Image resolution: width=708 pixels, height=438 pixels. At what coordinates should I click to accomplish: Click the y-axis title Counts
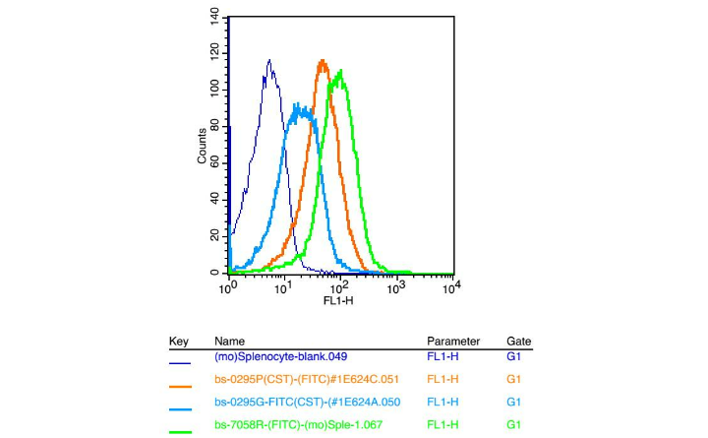pyautogui.click(x=203, y=145)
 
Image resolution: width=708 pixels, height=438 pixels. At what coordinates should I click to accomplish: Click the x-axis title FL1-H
pyautogui.click(x=339, y=300)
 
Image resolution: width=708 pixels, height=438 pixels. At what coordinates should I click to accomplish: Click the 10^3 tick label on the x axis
pyautogui.click(x=396, y=288)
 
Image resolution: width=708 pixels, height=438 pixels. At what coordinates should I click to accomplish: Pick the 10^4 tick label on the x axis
pyautogui.click(x=450, y=288)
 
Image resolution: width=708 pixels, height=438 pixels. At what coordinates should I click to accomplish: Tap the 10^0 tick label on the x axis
pyautogui.click(x=228, y=288)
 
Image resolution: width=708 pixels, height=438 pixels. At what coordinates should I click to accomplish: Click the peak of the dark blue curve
pyautogui.click(x=268, y=61)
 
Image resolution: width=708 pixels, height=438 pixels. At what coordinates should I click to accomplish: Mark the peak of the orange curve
pyautogui.click(x=323, y=61)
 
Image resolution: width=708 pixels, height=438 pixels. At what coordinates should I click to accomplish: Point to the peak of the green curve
pyautogui.click(x=340, y=71)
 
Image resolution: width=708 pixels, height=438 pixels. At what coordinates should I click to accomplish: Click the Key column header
pyautogui.click(x=178, y=342)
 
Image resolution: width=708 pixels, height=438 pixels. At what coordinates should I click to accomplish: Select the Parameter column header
pyautogui.click(x=453, y=342)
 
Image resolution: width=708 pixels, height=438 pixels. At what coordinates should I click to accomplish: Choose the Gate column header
pyautogui.click(x=518, y=342)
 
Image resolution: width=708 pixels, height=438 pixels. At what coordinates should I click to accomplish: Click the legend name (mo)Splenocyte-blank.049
pyautogui.click(x=280, y=356)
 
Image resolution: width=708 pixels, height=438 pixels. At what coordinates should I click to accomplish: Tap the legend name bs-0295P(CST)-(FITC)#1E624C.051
pyautogui.click(x=308, y=379)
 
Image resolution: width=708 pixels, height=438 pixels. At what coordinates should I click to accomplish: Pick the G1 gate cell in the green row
pyautogui.click(x=513, y=424)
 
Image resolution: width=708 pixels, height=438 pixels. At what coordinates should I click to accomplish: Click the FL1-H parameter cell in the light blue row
pyautogui.click(x=442, y=402)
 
